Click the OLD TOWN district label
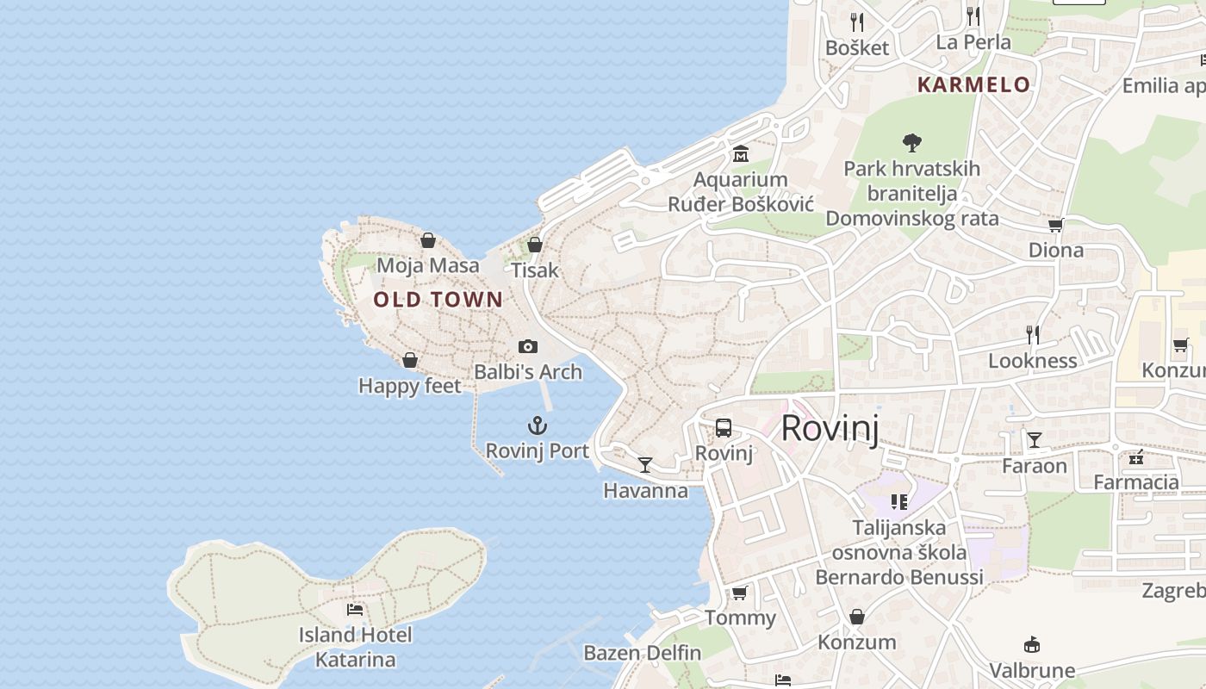pos(438,300)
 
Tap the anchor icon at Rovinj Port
pos(538,425)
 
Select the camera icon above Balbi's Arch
pos(528,346)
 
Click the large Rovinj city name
pos(830,428)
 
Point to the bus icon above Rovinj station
pos(724,428)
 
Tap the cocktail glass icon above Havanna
pos(644,465)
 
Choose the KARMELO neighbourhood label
pos(973,84)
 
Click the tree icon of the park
pos(911,142)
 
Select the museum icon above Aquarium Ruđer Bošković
pos(740,154)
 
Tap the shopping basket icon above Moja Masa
pos(428,240)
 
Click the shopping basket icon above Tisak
pos(535,245)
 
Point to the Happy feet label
pos(410,386)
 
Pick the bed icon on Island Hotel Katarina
pos(355,610)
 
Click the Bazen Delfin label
pos(643,653)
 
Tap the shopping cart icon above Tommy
pos(739,593)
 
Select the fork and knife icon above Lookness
pos(1033,335)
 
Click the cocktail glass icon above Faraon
pos(1034,440)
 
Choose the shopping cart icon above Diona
pos(1055,225)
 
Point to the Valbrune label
pos(1032,670)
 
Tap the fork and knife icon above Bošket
pos(856,22)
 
